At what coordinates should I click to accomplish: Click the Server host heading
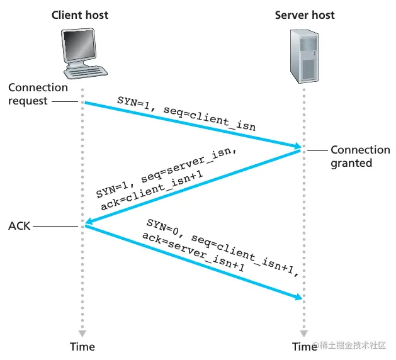[x=305, y=14]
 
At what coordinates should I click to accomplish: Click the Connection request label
[x=38, y=94]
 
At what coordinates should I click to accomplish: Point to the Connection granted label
[x=360, y=156]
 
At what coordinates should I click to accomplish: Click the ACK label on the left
[x=20, y=225]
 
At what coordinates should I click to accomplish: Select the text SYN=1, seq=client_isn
[x=187, y=113]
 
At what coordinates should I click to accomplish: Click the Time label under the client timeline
[x=82, y=346]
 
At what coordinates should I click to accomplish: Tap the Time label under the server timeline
[x=305, y=346]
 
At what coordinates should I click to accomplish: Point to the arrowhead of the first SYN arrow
[x=296, y=147]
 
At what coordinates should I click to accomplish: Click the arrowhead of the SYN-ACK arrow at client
[x=90, y=222]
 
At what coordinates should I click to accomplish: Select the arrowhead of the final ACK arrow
[x=296, y=296]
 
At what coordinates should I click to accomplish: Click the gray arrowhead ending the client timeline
[x=82, y=333]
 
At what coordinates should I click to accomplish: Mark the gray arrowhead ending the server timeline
[x=305, y=333]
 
